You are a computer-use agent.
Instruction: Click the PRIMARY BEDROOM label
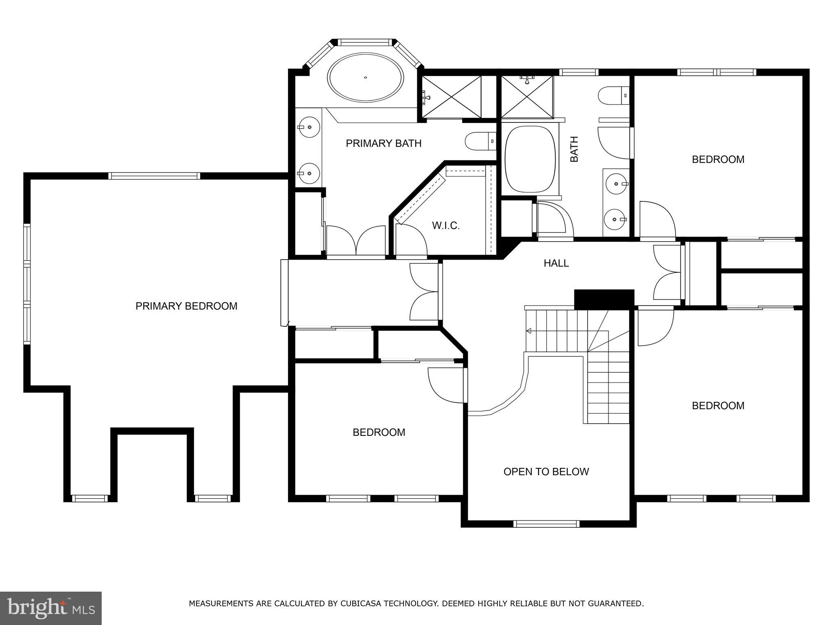[x=186, y=306]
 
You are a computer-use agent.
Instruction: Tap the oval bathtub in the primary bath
[x=366, y=77]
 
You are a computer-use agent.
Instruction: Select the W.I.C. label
[x=446, y=226]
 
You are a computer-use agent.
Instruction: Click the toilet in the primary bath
[x=480, y=141]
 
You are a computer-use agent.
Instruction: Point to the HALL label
[x=556, y=263]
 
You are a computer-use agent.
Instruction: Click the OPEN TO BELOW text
[x=546, y=472]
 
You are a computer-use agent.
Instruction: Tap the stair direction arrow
[x=529, y=331]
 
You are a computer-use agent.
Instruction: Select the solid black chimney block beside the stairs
[x=604, y=299]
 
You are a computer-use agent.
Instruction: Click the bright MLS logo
[x=50, y=608]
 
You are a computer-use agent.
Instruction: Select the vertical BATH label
[x=574, y=149]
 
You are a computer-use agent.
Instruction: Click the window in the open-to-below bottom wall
[x=546, y=524]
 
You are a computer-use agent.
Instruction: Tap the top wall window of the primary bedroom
[x=154, y=176]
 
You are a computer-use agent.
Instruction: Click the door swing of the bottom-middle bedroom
[x=446, y=385]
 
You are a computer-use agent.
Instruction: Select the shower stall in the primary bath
[x=451, y=96]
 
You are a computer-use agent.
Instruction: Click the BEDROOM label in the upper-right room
[x=718, y=160]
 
